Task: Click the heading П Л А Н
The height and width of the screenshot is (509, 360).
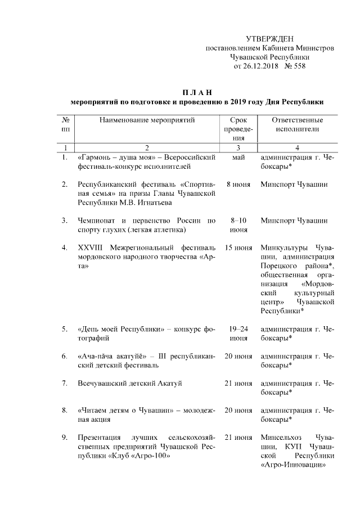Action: pyautogui.click(x=197, y=92)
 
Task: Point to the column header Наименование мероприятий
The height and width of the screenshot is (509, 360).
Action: pyautogui.click(x=146, y=120)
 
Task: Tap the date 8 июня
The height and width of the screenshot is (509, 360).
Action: pyautogui.click(x=238, y=184)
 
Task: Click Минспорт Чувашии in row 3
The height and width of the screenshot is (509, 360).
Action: pyautogui.click(x=294, y=220)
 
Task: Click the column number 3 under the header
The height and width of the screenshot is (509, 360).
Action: pyautogui.click(x=238, y=147)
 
